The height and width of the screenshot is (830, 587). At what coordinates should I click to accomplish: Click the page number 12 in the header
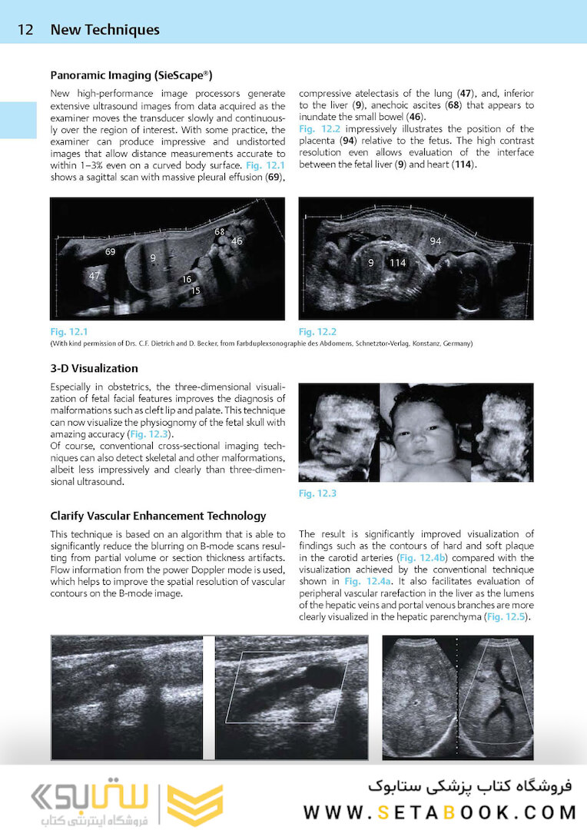[x=25, y=30]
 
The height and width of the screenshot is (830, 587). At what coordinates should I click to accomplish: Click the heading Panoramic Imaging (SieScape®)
[x=131, y=75]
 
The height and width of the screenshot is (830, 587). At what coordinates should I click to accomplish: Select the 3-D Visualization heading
[x=94, y=368]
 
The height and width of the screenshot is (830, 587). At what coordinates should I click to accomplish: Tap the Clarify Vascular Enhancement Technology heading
[x=158, y=516]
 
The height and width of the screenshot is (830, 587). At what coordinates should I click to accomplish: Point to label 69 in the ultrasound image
[x=111, y=251]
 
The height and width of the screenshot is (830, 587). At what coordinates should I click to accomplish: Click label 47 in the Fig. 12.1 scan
[x=95, y=275]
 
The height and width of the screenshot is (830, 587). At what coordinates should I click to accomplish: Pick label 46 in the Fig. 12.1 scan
[x=237, y=241]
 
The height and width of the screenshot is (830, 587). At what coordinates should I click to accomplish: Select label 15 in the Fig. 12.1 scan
[x=196, y=291]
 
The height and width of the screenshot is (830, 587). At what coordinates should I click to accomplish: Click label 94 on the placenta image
[x=436, y=241]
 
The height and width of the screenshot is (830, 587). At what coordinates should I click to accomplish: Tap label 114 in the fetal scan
[x=397, y=263]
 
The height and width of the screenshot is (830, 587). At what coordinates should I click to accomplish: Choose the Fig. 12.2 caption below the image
[x=317, y=332]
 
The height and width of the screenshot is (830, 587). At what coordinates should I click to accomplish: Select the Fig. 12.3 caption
[x=317, y=493]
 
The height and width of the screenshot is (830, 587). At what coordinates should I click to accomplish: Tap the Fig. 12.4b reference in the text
[x=423, y=557]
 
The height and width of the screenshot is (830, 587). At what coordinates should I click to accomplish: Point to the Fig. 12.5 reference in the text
[x=508, y=617]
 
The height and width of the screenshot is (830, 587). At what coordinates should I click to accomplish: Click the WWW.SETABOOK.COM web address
[x=439, y=812]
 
